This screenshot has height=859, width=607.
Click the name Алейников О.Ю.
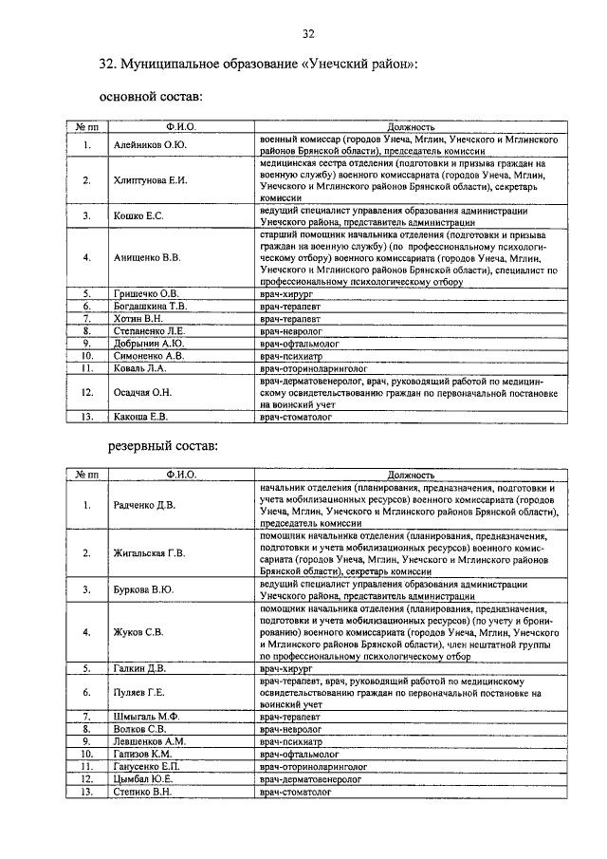tap(150, 144)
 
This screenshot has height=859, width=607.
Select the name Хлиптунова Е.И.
tap(150, 180)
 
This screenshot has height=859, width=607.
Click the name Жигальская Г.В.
tap(150, 552)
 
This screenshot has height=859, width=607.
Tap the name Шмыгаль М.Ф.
tap(145, 717)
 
